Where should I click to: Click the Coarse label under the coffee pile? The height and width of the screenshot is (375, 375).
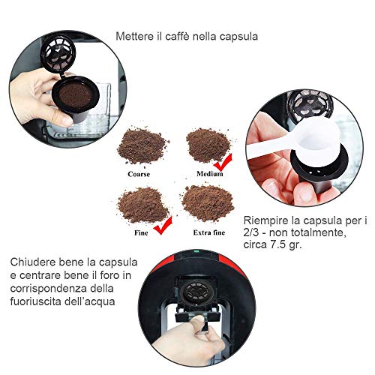pos(139,174)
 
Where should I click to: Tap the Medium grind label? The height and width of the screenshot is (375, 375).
pos(209,173)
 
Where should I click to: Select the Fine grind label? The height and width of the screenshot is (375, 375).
pos(141,232)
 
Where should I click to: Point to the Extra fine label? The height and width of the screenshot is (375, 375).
pos(209,232)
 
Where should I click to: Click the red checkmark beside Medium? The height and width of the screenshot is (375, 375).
pos(223,163)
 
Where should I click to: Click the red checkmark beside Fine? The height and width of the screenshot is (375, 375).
pos(163,226)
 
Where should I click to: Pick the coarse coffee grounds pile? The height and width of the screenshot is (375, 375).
pos(142,146)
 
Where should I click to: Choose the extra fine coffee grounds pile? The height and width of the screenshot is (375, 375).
pos(208,203)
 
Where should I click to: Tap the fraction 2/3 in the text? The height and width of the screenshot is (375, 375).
pos(251,232)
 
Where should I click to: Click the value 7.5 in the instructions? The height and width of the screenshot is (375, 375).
pos(278,244)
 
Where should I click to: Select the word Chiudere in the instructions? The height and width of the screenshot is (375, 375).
pos(33,262)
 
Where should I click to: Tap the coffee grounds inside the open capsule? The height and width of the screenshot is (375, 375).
pos(76,95)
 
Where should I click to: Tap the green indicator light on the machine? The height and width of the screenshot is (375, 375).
pos(196,250)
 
